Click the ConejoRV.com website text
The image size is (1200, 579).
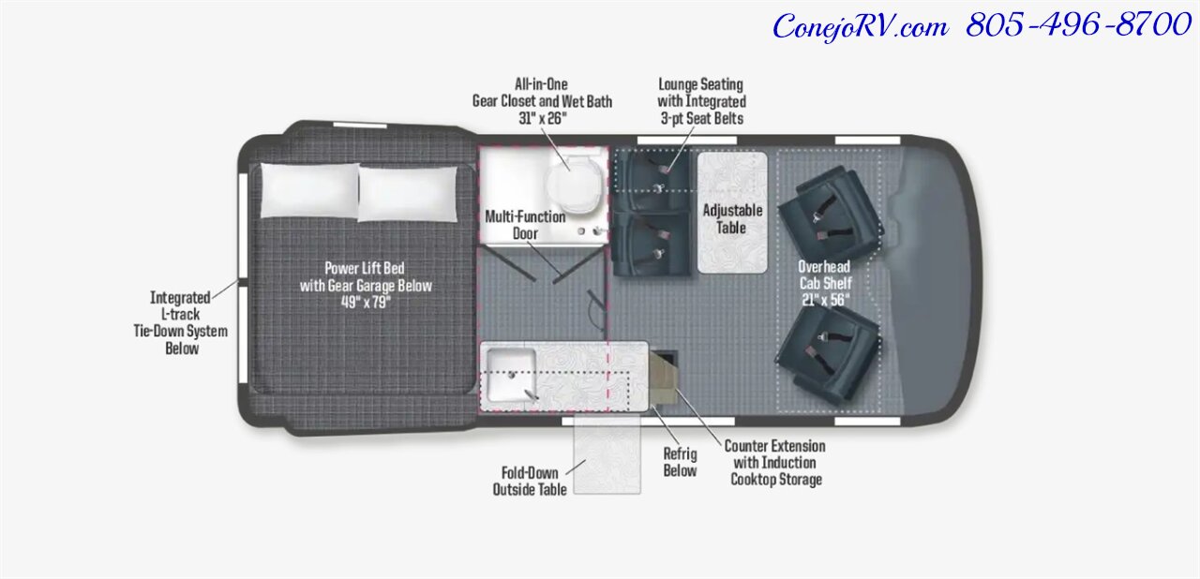(859, 26)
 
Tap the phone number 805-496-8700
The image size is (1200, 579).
(1077, 25)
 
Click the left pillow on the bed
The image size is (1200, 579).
(309, 190)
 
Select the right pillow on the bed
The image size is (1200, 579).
(408, 194)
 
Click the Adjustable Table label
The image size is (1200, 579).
(732, 219)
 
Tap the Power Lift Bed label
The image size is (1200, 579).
(366, 276)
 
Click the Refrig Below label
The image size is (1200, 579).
(680, 463)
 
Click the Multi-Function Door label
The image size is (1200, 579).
(525, 225)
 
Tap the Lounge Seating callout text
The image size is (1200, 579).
(701, 101)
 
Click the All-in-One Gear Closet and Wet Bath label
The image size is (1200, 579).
(542, 100)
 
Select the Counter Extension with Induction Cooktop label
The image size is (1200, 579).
(775, 463)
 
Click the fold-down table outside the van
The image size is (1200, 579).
(607, 456)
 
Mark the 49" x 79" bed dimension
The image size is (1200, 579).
(366, 302)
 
